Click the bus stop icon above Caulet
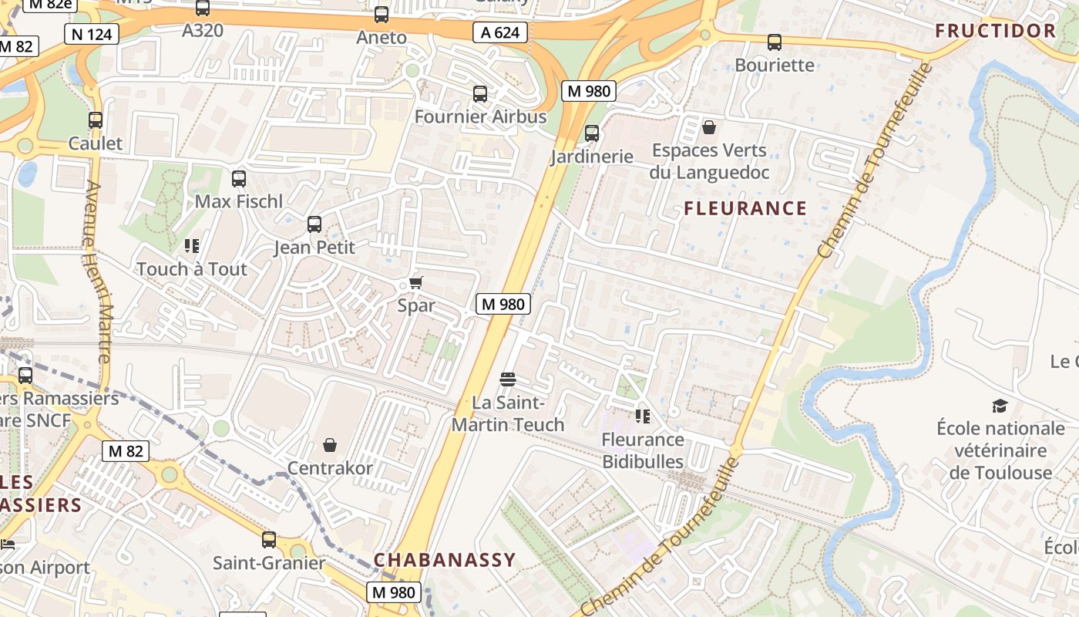point(96,120)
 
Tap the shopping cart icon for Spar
point(416,283)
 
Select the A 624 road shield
point(500,32)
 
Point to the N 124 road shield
point(92,34)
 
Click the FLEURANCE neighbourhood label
point(745,208)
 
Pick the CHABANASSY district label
point(445,560)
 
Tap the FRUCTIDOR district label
point(995,31)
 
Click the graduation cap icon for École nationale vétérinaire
point(1000,406)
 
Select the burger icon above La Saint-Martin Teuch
point(507,379)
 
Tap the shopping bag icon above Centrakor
point(330,445)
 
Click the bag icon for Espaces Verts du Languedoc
point(709,127)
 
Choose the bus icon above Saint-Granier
point(269,540)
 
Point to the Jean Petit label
point(314,248)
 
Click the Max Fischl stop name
point(239,202)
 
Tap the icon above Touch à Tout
point(192,246)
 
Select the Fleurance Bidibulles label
point(643,450)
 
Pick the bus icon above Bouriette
point(775,42)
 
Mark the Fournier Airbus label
point(480,117)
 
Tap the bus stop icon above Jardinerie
point(592,133)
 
